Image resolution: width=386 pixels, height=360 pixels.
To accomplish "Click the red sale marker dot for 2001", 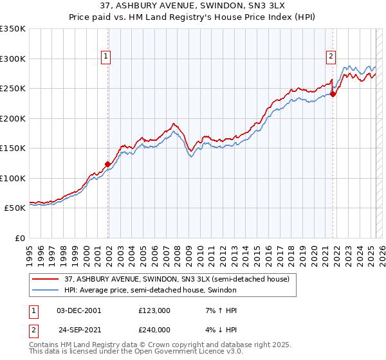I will click(107, 164).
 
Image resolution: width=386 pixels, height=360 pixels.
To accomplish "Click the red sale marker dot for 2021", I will click(333, 94).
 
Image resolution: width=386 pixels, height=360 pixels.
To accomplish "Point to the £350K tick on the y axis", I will click(13, 29).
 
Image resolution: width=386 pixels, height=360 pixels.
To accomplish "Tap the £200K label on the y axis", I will click(13, 118).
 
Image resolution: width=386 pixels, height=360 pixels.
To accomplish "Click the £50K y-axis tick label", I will click(15, 208).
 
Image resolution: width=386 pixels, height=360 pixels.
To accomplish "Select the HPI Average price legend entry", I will click(151, 291).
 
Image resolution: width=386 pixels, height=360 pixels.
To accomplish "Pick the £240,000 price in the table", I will click(154, 330).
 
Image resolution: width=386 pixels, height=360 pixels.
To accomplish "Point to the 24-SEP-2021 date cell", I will click(79, 330).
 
